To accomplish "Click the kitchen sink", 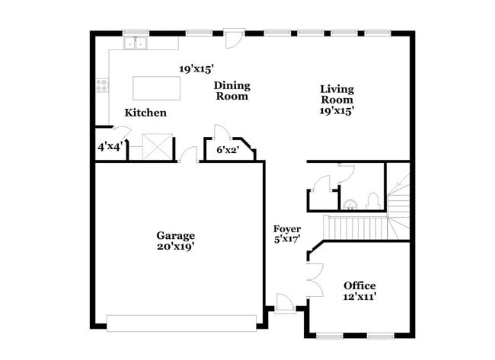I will click(x=137, y=44).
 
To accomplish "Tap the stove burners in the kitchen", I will click(x=101, y=86).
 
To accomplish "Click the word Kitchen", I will click(x=145, y=113).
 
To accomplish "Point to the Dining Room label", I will click(x=232, y=91).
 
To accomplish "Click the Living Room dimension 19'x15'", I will click(x=337, y=110).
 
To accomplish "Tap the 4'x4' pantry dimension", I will click(x=110, y=146).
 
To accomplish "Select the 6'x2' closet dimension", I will click(x=228, y=150).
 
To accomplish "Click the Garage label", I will click(x=176, y=235).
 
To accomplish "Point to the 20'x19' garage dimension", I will click(x=176, y=247).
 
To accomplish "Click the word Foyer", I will click(x=287, y=228).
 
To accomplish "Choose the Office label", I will click(x=359, y=285).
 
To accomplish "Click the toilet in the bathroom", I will click(x=373, y=201).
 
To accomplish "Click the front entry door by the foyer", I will click(x=285, y=302).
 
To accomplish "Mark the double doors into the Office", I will click(x=311, y=278).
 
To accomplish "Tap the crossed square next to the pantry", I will click(x=158, y=147).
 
